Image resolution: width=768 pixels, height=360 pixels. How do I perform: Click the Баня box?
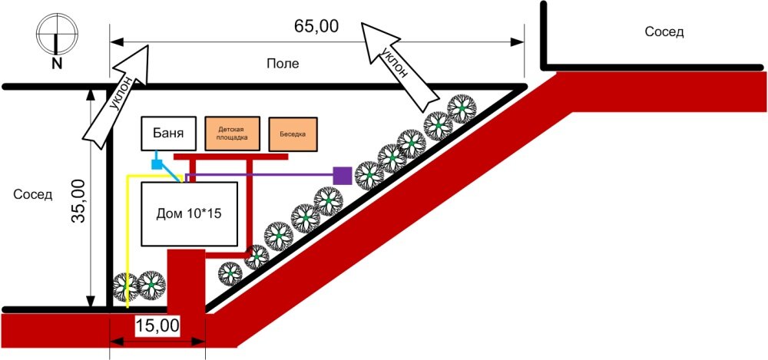165,134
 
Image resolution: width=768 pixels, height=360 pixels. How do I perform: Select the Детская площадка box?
233,134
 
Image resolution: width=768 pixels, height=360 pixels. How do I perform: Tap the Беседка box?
291,134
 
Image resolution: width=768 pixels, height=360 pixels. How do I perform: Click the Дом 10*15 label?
189,214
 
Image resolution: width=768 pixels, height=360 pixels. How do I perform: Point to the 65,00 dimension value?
316,25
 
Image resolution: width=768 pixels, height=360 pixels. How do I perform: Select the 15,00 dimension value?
157,325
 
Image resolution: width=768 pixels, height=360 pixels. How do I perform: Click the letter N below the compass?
57,64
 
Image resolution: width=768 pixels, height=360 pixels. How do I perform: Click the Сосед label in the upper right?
664,32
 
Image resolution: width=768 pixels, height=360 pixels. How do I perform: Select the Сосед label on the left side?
33,194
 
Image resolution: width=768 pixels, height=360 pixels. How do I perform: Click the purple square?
343,175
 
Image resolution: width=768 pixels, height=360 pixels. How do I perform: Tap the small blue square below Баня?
156,164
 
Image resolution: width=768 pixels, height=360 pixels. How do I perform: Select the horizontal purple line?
261,175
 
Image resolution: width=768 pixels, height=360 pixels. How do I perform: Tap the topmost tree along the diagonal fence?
462,108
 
